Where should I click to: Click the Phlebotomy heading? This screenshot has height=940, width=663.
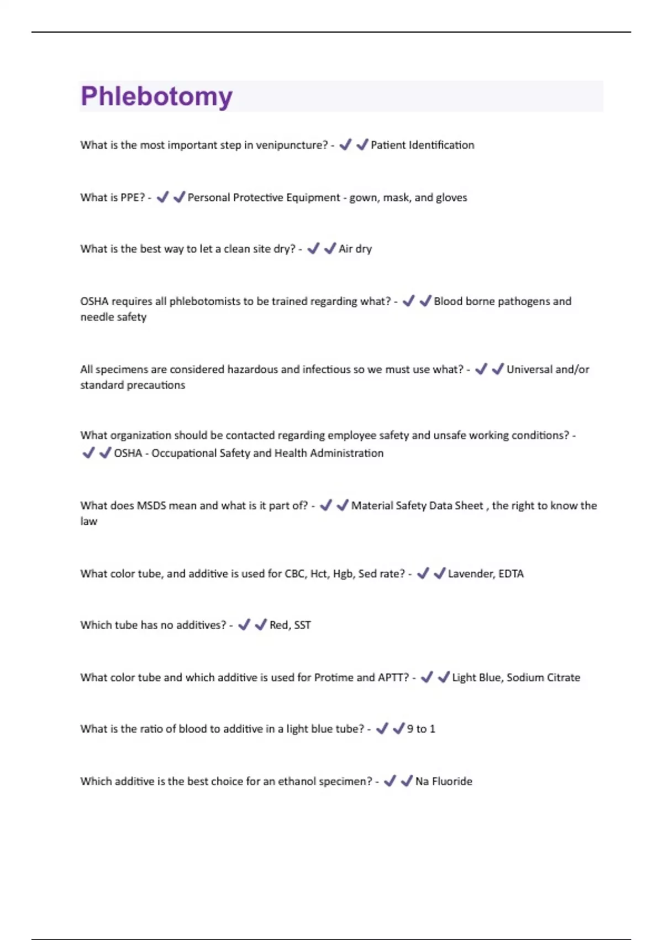(156, 97)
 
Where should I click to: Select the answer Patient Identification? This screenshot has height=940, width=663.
(422, 145)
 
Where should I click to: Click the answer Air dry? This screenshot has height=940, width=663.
(355, 249)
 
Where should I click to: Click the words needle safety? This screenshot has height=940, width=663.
(113, 317)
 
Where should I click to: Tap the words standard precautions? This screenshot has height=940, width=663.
(133, 385)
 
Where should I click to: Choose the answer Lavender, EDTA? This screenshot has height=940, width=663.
(486, 574)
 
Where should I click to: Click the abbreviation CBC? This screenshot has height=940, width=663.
(295, 574)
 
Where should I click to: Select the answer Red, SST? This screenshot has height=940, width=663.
(290, 625)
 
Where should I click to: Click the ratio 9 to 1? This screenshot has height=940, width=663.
(421, 729)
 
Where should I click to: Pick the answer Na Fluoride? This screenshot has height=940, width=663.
(444, 782)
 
